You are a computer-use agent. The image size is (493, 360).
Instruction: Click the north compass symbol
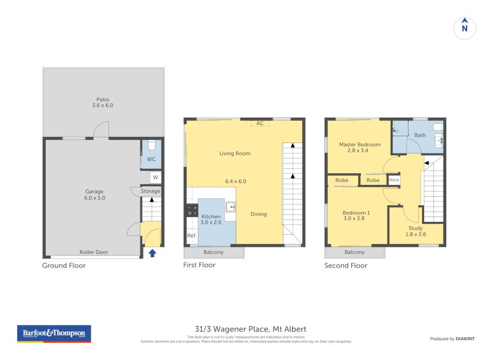[465, 28]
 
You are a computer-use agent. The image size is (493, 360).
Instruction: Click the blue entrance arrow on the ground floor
[152, 252]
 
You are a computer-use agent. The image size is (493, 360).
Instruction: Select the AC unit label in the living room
[260, 123]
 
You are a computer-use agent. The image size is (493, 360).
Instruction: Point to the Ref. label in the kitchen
[191, 236]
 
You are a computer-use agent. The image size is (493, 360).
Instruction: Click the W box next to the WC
[155, 178]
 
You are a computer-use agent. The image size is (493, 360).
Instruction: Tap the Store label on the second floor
[394, 180]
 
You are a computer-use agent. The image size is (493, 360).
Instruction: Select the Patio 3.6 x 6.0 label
[103, 102]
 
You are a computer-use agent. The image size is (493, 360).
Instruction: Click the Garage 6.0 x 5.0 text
[94, 195]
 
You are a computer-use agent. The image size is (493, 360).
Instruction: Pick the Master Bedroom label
[360, 147]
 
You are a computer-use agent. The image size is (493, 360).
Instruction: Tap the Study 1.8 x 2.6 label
[415, 231]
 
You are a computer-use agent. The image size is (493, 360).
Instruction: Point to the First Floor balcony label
[213, 252]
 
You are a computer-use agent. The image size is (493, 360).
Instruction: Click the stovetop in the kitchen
[192, 210]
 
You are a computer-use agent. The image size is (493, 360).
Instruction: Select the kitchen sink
[230, 207]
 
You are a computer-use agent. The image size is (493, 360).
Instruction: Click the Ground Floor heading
[63, 266]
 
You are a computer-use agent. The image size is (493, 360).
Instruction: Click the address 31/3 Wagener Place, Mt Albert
[246, 329]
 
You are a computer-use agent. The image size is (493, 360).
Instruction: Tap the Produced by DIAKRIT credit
[451, 339]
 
